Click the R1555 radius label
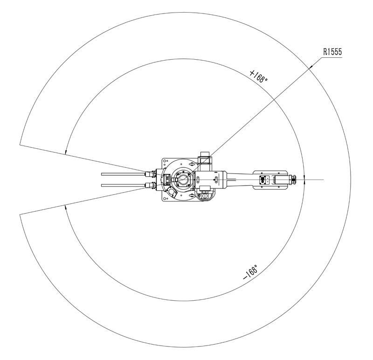(x=332, y=52)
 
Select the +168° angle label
(x=258, y=76)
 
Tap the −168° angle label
(x=251, y=271)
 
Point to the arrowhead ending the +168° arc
(x=65, y=152)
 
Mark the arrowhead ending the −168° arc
(x=65, y=207)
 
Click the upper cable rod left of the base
(x=123, y=174)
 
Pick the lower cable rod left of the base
(x=123, y=185)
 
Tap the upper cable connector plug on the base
(x=150, y=174)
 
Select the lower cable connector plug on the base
(x=150, y=185)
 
